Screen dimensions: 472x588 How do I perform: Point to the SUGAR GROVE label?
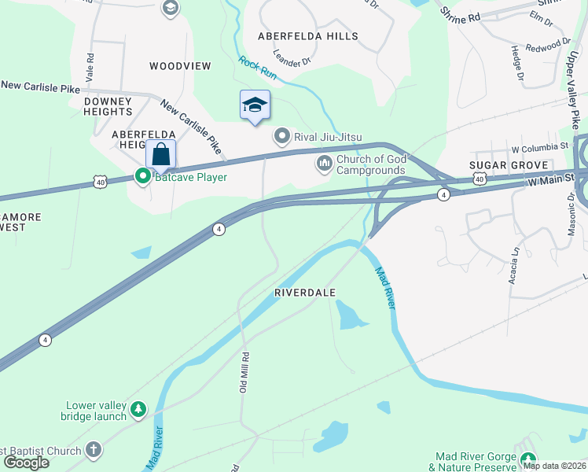click(x=502, y=165)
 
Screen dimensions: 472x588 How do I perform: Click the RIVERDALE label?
click(x=305, y=293)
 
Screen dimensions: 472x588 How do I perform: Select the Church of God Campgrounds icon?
click(x=324, y=164)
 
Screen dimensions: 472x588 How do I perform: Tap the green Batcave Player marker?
click(x=143, y=177)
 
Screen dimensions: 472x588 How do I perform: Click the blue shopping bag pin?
click(x=160, y=154)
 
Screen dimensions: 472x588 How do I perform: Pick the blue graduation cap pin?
click(x=255, y=105)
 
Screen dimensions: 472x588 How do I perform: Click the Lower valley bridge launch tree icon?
click(x=138, y=410)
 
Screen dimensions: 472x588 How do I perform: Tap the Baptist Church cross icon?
click(x=93, y=451)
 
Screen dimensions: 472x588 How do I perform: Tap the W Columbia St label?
click(x=539, y=147)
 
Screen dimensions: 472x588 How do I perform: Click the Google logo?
click(x=26, y=462)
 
